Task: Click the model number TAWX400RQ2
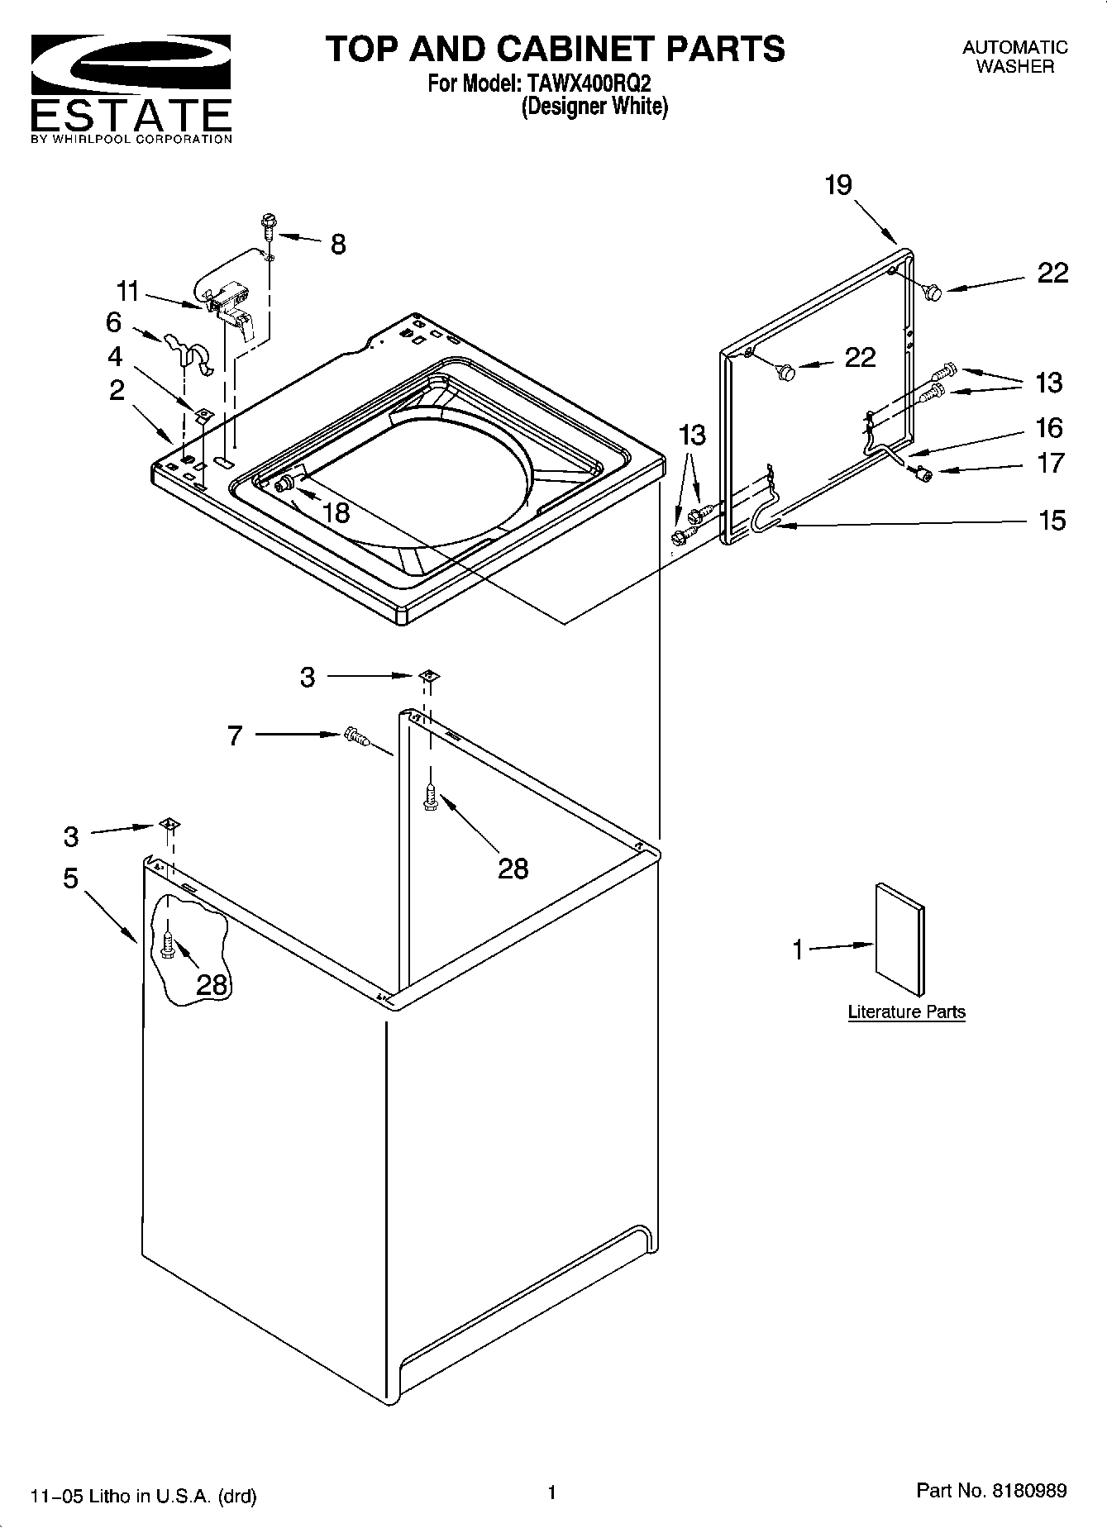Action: tap(585, 83)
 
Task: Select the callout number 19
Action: tap(837, 185)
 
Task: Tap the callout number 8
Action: tap(338, 245)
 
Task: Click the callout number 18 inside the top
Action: tap(336, 513)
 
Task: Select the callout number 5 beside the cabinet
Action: tap(70, 878)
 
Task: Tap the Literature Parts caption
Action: tap(906, 1012)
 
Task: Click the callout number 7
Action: tap(235, 735)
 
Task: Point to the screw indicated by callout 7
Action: tap(355, 735)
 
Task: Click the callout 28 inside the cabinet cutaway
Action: tap(212, 984)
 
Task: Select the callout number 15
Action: tap(1052, 521)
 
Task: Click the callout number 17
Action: tap(1051, 464)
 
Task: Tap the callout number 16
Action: tap(1048, 428)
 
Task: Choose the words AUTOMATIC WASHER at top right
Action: tap(1014, 57)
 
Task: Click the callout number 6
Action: tap(114, 321)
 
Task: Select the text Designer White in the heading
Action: tap(594, 107)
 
